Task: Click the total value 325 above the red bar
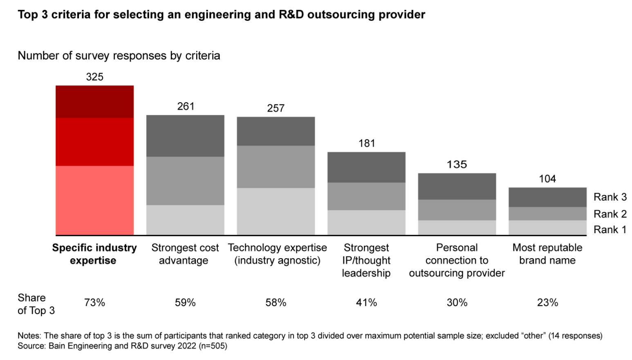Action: tap(94, 77)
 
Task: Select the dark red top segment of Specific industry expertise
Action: tap(94, 101)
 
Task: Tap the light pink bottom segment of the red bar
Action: tap(94, 200)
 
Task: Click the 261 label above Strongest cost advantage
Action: tap(186, 106)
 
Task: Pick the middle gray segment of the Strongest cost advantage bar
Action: tap(185, 180)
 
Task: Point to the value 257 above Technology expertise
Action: tap(276, 108)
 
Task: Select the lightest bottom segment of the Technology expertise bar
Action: tap(276, 211)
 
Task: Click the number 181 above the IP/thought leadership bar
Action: tap(367, 144)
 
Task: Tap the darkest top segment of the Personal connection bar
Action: tap(457, 186)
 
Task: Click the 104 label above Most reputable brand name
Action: tap(547, 179)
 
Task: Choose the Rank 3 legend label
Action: tap(610, 197)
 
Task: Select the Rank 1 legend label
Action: tap(610, 229)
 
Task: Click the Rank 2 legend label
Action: tap(610, 214)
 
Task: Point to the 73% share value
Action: tap(94, 303)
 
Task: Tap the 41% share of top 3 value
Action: tap(366, 303)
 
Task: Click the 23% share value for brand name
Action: tap(547, 303)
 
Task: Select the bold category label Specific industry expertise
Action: tap(94, 254)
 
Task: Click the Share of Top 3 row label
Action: tap(36, 304)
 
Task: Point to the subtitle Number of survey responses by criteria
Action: tap(119, 56)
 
